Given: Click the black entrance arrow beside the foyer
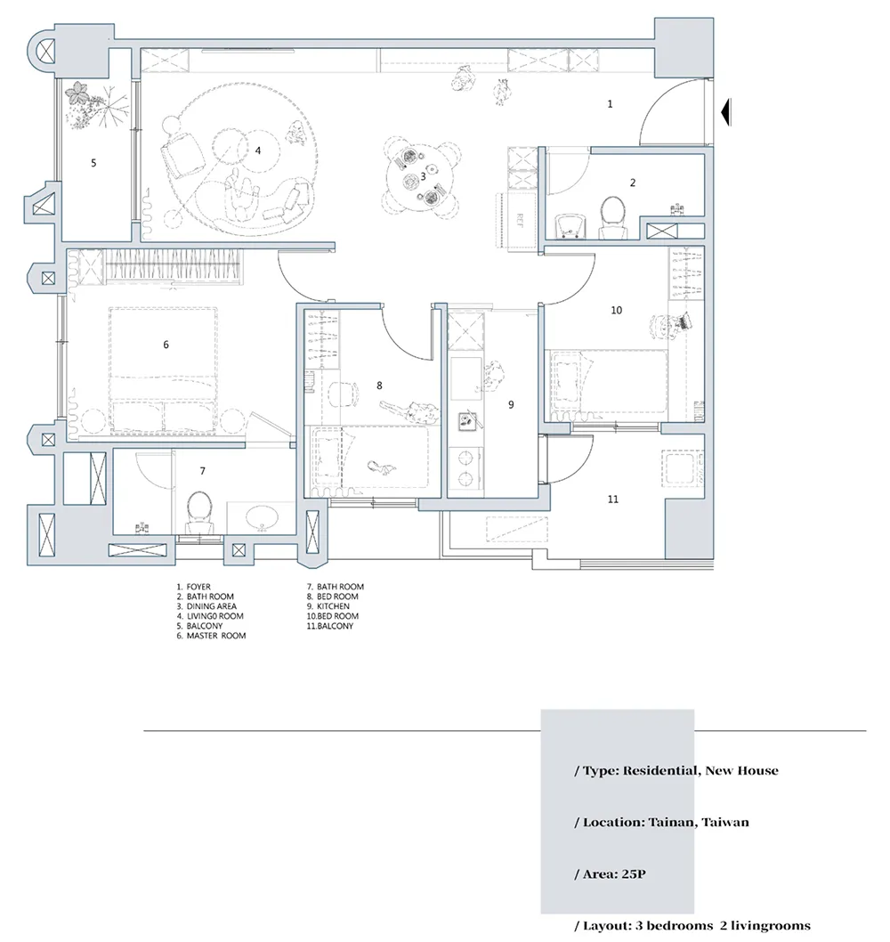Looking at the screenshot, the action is (725, 111).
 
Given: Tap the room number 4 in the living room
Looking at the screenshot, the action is (258, 150).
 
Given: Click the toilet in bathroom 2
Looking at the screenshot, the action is (612, 216).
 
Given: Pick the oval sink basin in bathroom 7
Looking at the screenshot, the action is (262, 517).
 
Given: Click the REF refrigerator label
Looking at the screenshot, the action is (520, 220).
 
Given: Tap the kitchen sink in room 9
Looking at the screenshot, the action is (468, 420).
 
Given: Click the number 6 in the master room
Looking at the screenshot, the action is (166, 345).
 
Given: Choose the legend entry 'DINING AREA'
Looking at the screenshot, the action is (212, 606).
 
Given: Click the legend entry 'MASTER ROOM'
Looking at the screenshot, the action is (216, 636).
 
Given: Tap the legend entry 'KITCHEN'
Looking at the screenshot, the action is (333, 606).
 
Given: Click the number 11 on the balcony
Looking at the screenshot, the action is (612, 499).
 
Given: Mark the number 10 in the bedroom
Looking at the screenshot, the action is (616, 310).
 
